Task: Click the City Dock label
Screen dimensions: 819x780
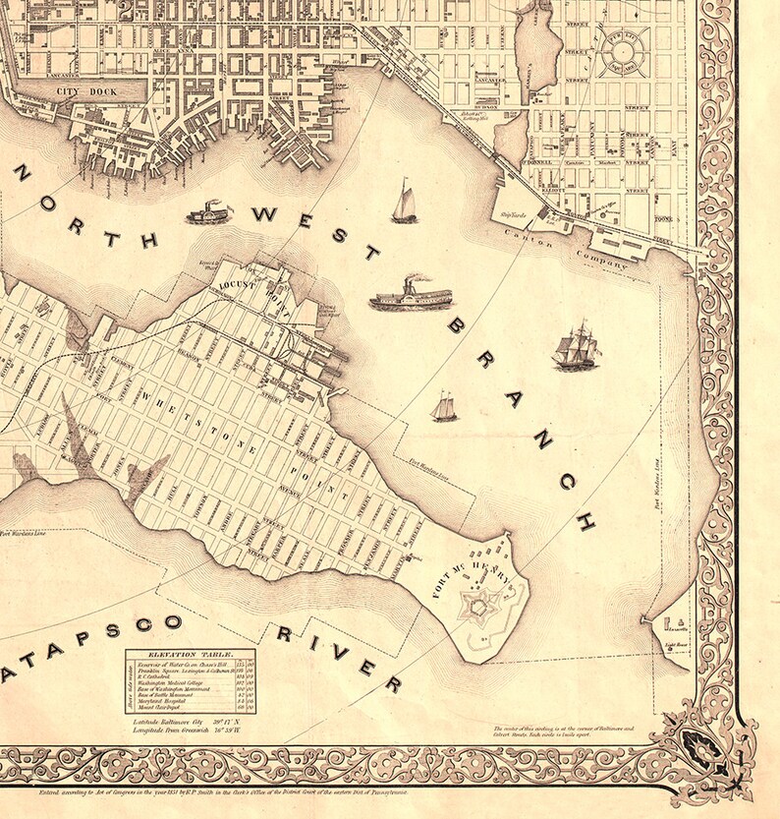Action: coord(87,92)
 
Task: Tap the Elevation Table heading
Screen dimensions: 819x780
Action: coord(187,653)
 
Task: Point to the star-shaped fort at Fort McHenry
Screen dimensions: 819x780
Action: coord(478,609)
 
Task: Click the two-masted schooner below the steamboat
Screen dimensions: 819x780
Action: coord(444,406)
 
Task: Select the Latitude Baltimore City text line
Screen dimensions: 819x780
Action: coord(187,723)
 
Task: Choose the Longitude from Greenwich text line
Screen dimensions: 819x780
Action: coord(187,732)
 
